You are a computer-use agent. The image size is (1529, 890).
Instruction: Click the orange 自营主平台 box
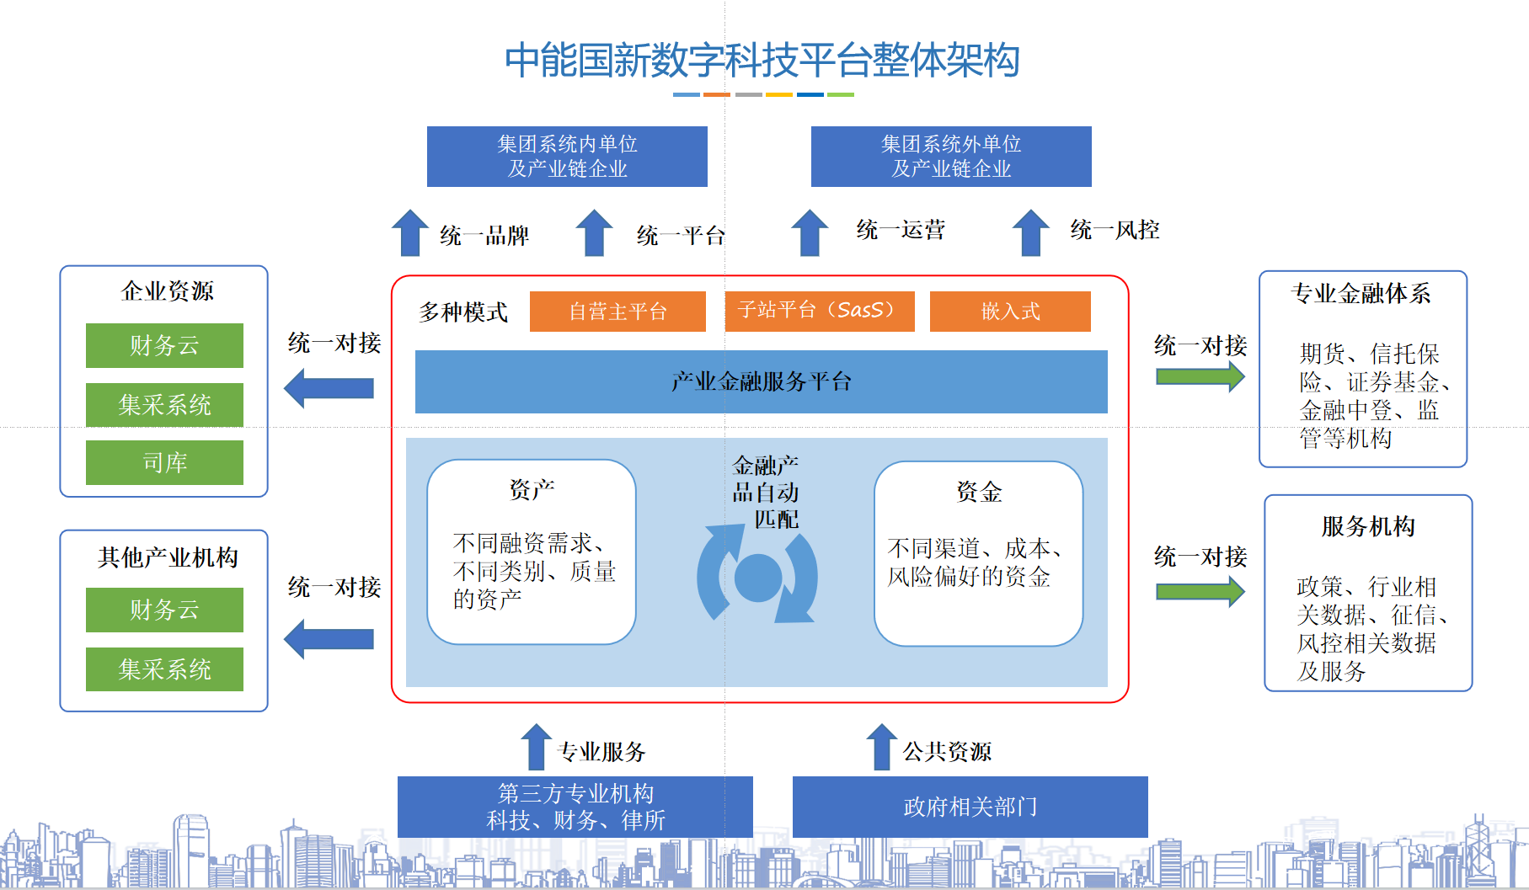click(x=617, y=312)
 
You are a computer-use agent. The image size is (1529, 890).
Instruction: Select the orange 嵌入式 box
click(x=1010, y=312)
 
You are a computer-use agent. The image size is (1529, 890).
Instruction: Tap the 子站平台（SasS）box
click(x=819, y=311)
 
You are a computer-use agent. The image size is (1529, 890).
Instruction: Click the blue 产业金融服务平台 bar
click(x=761, y=381)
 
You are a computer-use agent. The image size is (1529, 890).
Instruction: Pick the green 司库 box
click(x=164, y=462)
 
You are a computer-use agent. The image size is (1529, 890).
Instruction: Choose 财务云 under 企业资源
click(x=164, y=345)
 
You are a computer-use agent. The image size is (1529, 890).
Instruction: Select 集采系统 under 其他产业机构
click(x=164, y=669)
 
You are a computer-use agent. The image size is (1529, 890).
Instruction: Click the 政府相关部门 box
click(x=970, y=807)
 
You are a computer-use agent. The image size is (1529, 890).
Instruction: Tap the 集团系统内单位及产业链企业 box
click(x=567, y=157)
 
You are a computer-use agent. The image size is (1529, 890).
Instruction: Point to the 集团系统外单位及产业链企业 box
click(x=951, y=157)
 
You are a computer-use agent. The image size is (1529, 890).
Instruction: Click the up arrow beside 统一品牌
click(x=410, y=232)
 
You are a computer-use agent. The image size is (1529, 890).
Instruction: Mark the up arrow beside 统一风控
click(x=1030, y=232)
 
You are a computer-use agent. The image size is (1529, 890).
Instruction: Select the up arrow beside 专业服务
click(x=536, y=747)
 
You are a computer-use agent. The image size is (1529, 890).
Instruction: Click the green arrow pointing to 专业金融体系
click(x=1200, y=376)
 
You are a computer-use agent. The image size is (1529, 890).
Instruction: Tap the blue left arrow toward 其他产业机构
click(x=329, y=639)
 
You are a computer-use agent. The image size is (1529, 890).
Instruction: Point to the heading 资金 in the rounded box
click(x=979, y=492)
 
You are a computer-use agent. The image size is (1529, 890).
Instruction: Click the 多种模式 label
click(x=462, y=312)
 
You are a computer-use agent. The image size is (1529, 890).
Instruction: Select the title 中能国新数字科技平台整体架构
click(x=762, y=61)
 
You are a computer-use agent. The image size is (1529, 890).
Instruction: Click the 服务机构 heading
click(x=1368, y=526)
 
